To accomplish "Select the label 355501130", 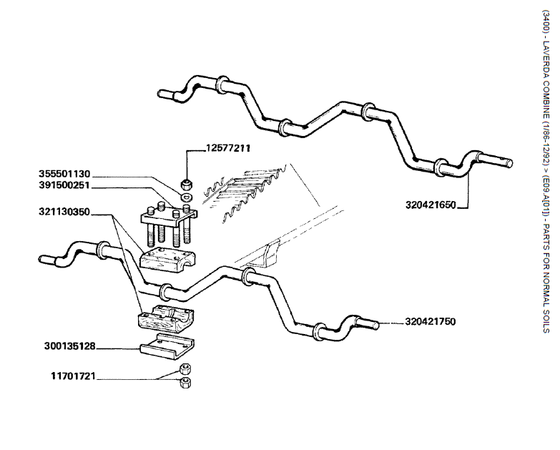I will [64, 173].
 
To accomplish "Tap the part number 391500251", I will [64, 185].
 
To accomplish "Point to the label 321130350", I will [64, 212].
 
